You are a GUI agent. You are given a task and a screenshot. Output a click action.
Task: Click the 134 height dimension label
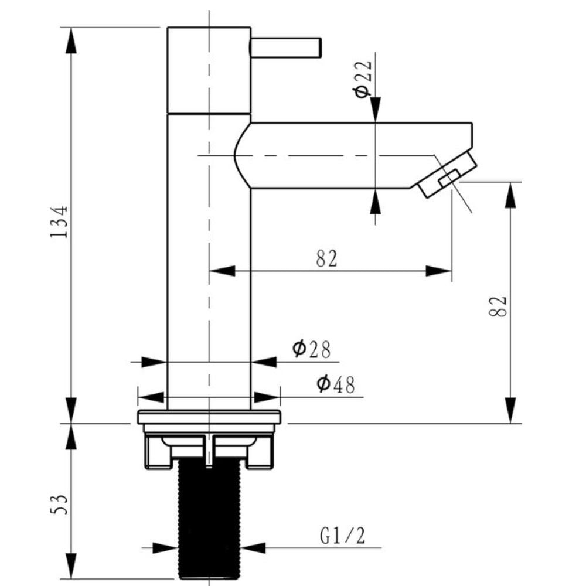[59, 222]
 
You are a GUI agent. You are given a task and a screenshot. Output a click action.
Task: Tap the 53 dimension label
[59, 505]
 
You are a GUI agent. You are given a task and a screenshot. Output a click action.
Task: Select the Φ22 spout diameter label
[362, 79]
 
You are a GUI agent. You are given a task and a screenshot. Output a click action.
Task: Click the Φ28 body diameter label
[311, 349]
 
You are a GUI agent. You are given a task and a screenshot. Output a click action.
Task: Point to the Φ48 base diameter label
[336, 384]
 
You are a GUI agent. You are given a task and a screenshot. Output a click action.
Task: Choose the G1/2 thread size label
[342, 536]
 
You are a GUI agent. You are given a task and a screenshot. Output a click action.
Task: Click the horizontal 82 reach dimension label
[326, 258]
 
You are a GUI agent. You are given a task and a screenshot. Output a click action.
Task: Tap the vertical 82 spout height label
[498, 306]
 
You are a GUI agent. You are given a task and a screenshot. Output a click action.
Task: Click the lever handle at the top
[286, 47]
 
